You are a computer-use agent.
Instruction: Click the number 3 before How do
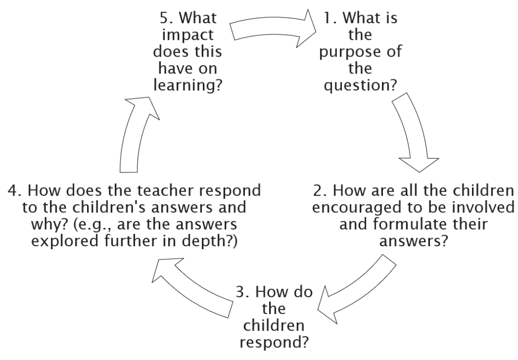coord(240,292)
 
